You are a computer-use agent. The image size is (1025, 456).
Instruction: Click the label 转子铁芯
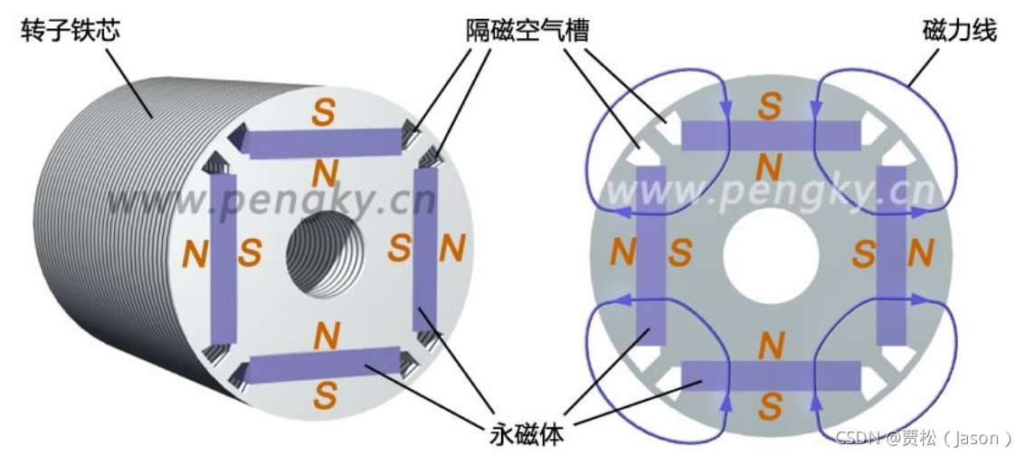[70, 33]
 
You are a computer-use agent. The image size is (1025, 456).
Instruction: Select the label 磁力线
[959, 32]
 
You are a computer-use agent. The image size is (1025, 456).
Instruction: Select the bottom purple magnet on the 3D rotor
[324, 364]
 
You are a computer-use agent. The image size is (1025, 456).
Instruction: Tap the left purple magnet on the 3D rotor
[223, 254]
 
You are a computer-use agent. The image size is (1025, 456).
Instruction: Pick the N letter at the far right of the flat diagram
[920, 255]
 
